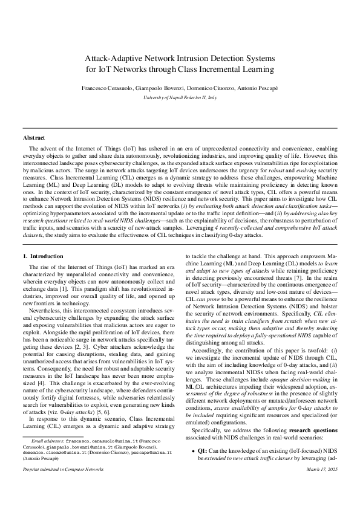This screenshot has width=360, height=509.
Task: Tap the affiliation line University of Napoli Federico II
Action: click(180, 97)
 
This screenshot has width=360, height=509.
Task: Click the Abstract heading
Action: click(34, 138)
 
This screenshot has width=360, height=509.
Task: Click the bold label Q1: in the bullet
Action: click(203, 468)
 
